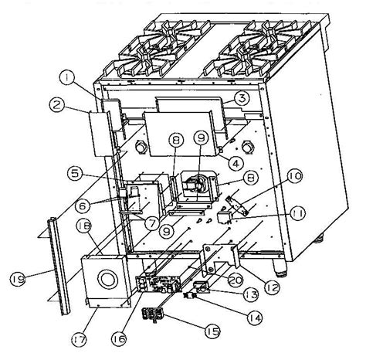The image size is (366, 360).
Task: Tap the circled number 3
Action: tap(242, 98)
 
